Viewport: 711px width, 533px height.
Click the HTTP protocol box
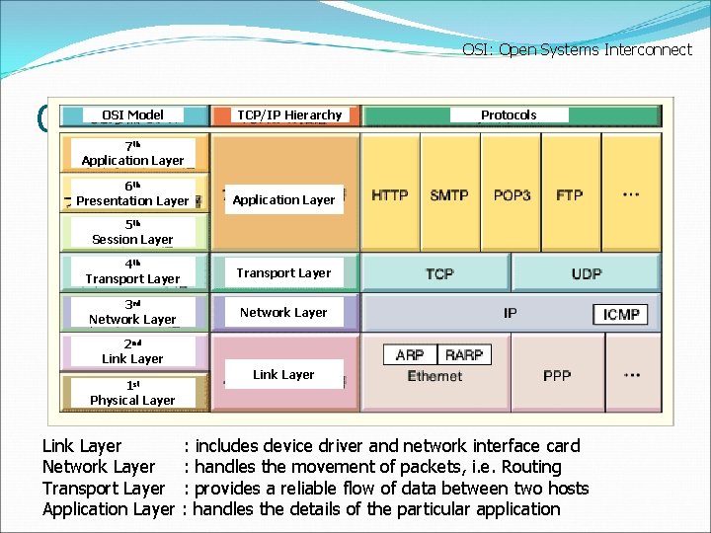point(390,195)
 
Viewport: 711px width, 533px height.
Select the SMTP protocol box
point(449,195)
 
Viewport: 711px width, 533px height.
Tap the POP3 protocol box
point(512,195)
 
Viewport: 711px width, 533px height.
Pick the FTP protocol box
point(570,195)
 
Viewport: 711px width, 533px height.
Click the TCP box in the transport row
point(439,273)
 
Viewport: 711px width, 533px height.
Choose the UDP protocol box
point(586,273)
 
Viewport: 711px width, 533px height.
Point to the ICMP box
point(621,314)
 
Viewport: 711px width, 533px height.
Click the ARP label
point(410,354)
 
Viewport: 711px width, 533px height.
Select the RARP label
point(464,354)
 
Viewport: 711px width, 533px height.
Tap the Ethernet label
point(434,376)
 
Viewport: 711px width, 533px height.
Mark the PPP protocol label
point(557,376)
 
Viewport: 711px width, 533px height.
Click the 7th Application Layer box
point(133,153)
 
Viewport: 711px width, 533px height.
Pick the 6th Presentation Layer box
point(132,193)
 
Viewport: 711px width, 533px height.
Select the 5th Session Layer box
point(132,232)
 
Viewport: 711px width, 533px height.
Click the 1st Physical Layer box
point(132,393)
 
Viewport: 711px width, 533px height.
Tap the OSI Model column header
point(133,114)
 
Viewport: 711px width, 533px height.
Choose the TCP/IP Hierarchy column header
point(289,114)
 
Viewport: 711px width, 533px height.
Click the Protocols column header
point(509,114)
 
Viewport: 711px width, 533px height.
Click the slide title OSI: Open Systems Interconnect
point(577,49)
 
